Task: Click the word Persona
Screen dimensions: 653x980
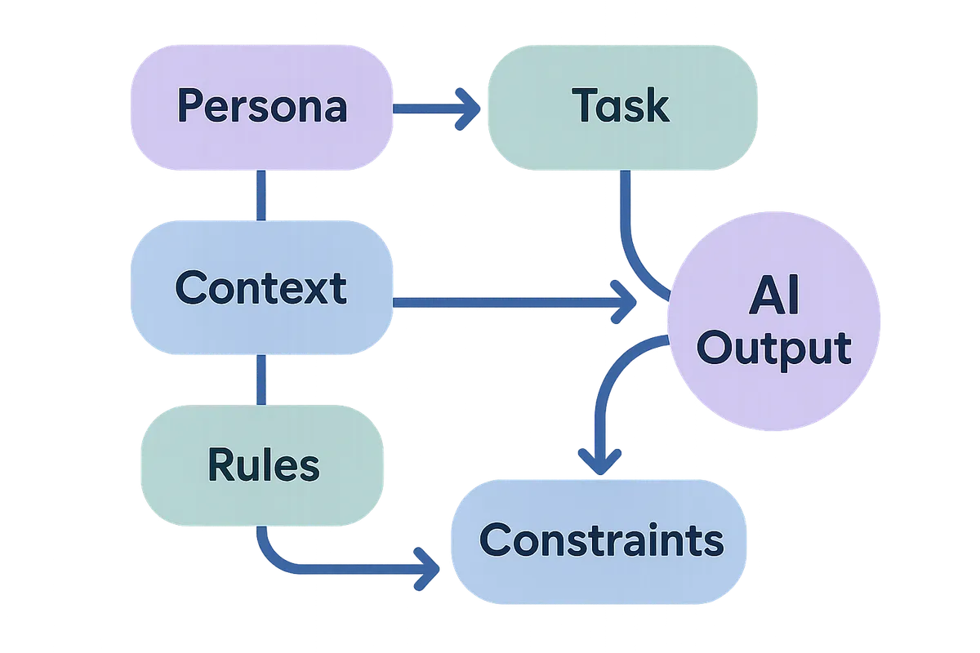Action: pyautogui.click(x=261, y=107)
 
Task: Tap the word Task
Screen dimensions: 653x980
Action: pyautogui.click(x=621, y=106)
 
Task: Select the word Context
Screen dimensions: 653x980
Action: pyautogui.click(x=261, y=288)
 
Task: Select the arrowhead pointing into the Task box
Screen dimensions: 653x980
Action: pyautogui.click(x=468, y=109)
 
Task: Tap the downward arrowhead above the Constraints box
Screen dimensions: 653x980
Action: pyautogui.click(x=600, y=462)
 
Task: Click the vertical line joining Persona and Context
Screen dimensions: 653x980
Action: pyautogui.click(x=261, y=196)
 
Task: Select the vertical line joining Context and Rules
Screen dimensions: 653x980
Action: pyautogui.click(x=261, y=380)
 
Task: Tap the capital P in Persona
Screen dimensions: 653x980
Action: pyautogui.click(x=189, y=107)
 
